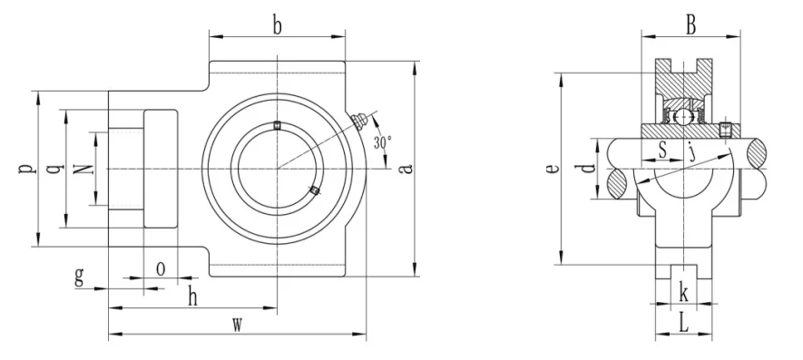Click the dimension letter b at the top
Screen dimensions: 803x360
point(277,26)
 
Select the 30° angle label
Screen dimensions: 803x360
point(383,142)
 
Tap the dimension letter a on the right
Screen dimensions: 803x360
point(406,168)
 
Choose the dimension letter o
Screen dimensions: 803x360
point(161,268)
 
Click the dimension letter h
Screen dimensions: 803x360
point(192,297)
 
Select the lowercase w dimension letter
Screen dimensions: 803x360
point(237,324)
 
